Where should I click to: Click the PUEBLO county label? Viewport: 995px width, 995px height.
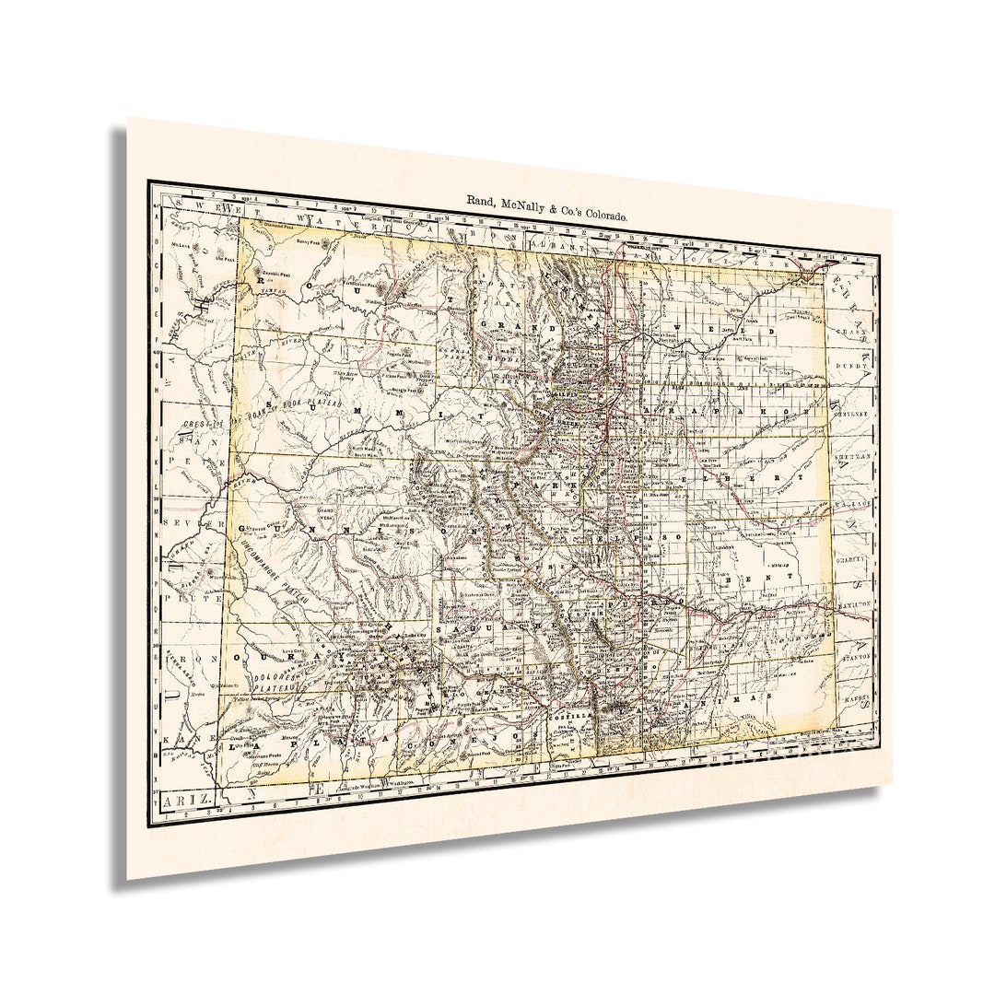coord(661,601)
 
